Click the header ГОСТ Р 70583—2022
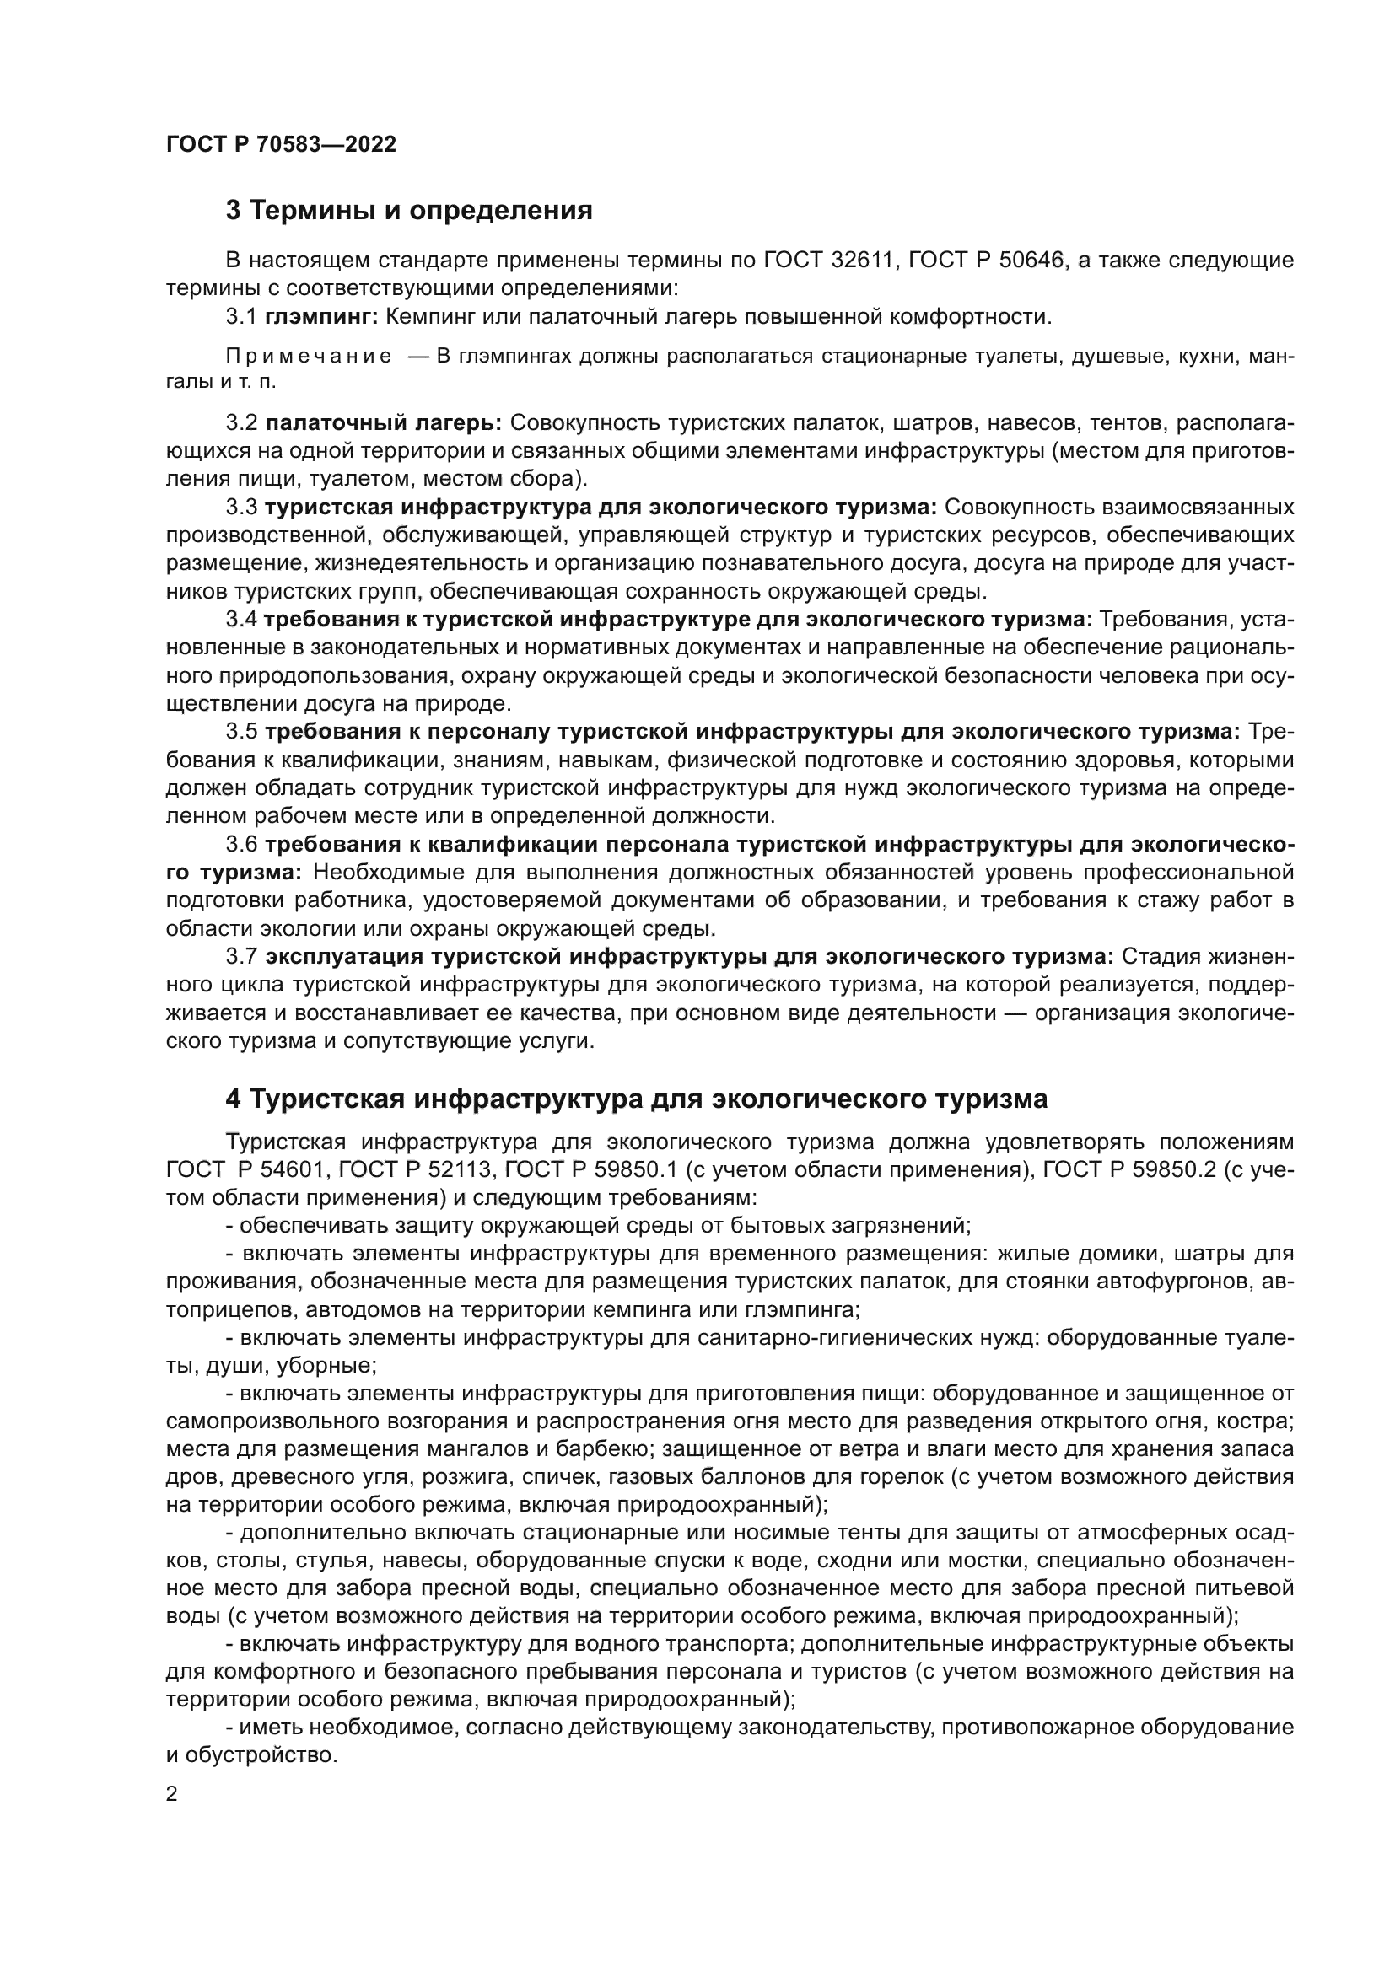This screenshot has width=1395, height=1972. [281, 144]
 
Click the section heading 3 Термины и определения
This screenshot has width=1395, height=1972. [409, 211]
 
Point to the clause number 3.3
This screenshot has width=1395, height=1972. [241, 508]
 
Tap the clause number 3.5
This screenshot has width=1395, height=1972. [241, 732]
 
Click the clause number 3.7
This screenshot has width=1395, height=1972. [241, 957]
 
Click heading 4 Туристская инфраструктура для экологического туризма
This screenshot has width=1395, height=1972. [637, 1099]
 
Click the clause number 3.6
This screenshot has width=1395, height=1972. [241, 844]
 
